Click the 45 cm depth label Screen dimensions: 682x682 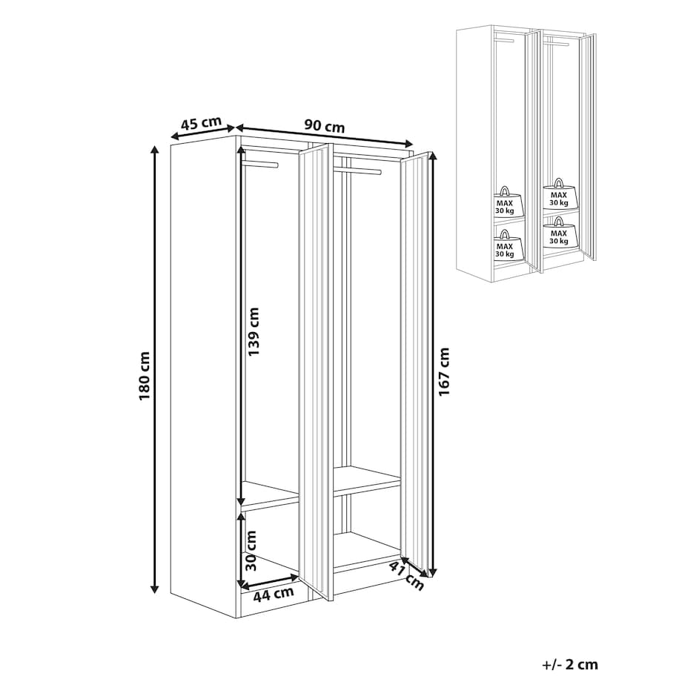201,123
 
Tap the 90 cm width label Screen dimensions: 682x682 324,126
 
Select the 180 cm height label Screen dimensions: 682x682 144,377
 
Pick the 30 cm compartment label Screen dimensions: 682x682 251,550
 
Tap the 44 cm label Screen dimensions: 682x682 274,594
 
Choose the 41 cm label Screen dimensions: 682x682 406,575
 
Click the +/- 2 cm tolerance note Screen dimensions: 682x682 570,665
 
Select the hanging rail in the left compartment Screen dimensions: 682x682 261,164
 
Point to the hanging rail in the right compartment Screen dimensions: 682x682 358,170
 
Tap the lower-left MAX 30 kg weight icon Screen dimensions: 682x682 505,245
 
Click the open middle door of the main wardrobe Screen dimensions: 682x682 317,372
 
